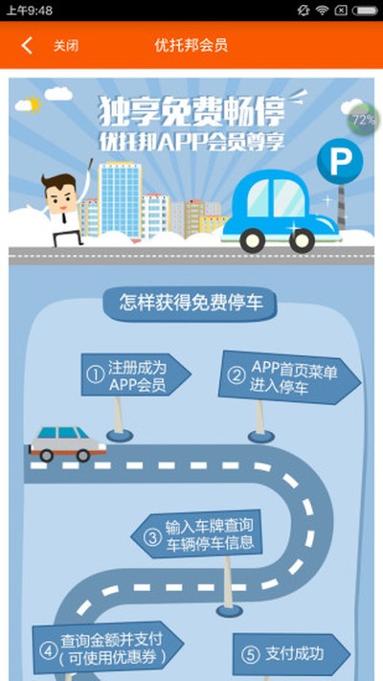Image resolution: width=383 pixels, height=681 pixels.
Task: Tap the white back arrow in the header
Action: pos(27,45)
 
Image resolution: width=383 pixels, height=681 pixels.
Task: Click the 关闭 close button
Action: pos(66,46)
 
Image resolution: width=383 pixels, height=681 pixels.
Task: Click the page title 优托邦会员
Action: pos(191,45)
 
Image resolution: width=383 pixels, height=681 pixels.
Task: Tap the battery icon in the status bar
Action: pos(365,11)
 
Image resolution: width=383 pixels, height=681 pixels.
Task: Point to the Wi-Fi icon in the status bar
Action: pos(323,10)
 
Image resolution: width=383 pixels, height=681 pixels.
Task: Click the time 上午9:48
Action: pos(29,11)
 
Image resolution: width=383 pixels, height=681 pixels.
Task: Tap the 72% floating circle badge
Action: pos(362,120)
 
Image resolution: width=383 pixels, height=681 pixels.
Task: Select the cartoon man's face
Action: pos(60,195)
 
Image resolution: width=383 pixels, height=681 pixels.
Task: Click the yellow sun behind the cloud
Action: pos(34,104)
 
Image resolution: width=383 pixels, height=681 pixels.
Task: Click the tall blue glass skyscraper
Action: pos(120,200)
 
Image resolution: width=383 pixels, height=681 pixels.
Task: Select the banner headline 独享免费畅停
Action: pos(191,111)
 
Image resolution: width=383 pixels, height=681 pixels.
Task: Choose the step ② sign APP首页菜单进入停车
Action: pos(289,377)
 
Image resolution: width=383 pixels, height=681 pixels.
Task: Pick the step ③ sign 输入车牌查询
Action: pos(197,534)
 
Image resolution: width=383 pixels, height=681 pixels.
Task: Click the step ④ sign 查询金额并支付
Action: pos(107,648)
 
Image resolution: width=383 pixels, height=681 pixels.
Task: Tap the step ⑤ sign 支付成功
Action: pos(292,653)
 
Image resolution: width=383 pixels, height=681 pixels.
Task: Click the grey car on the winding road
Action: pos(68,443)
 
